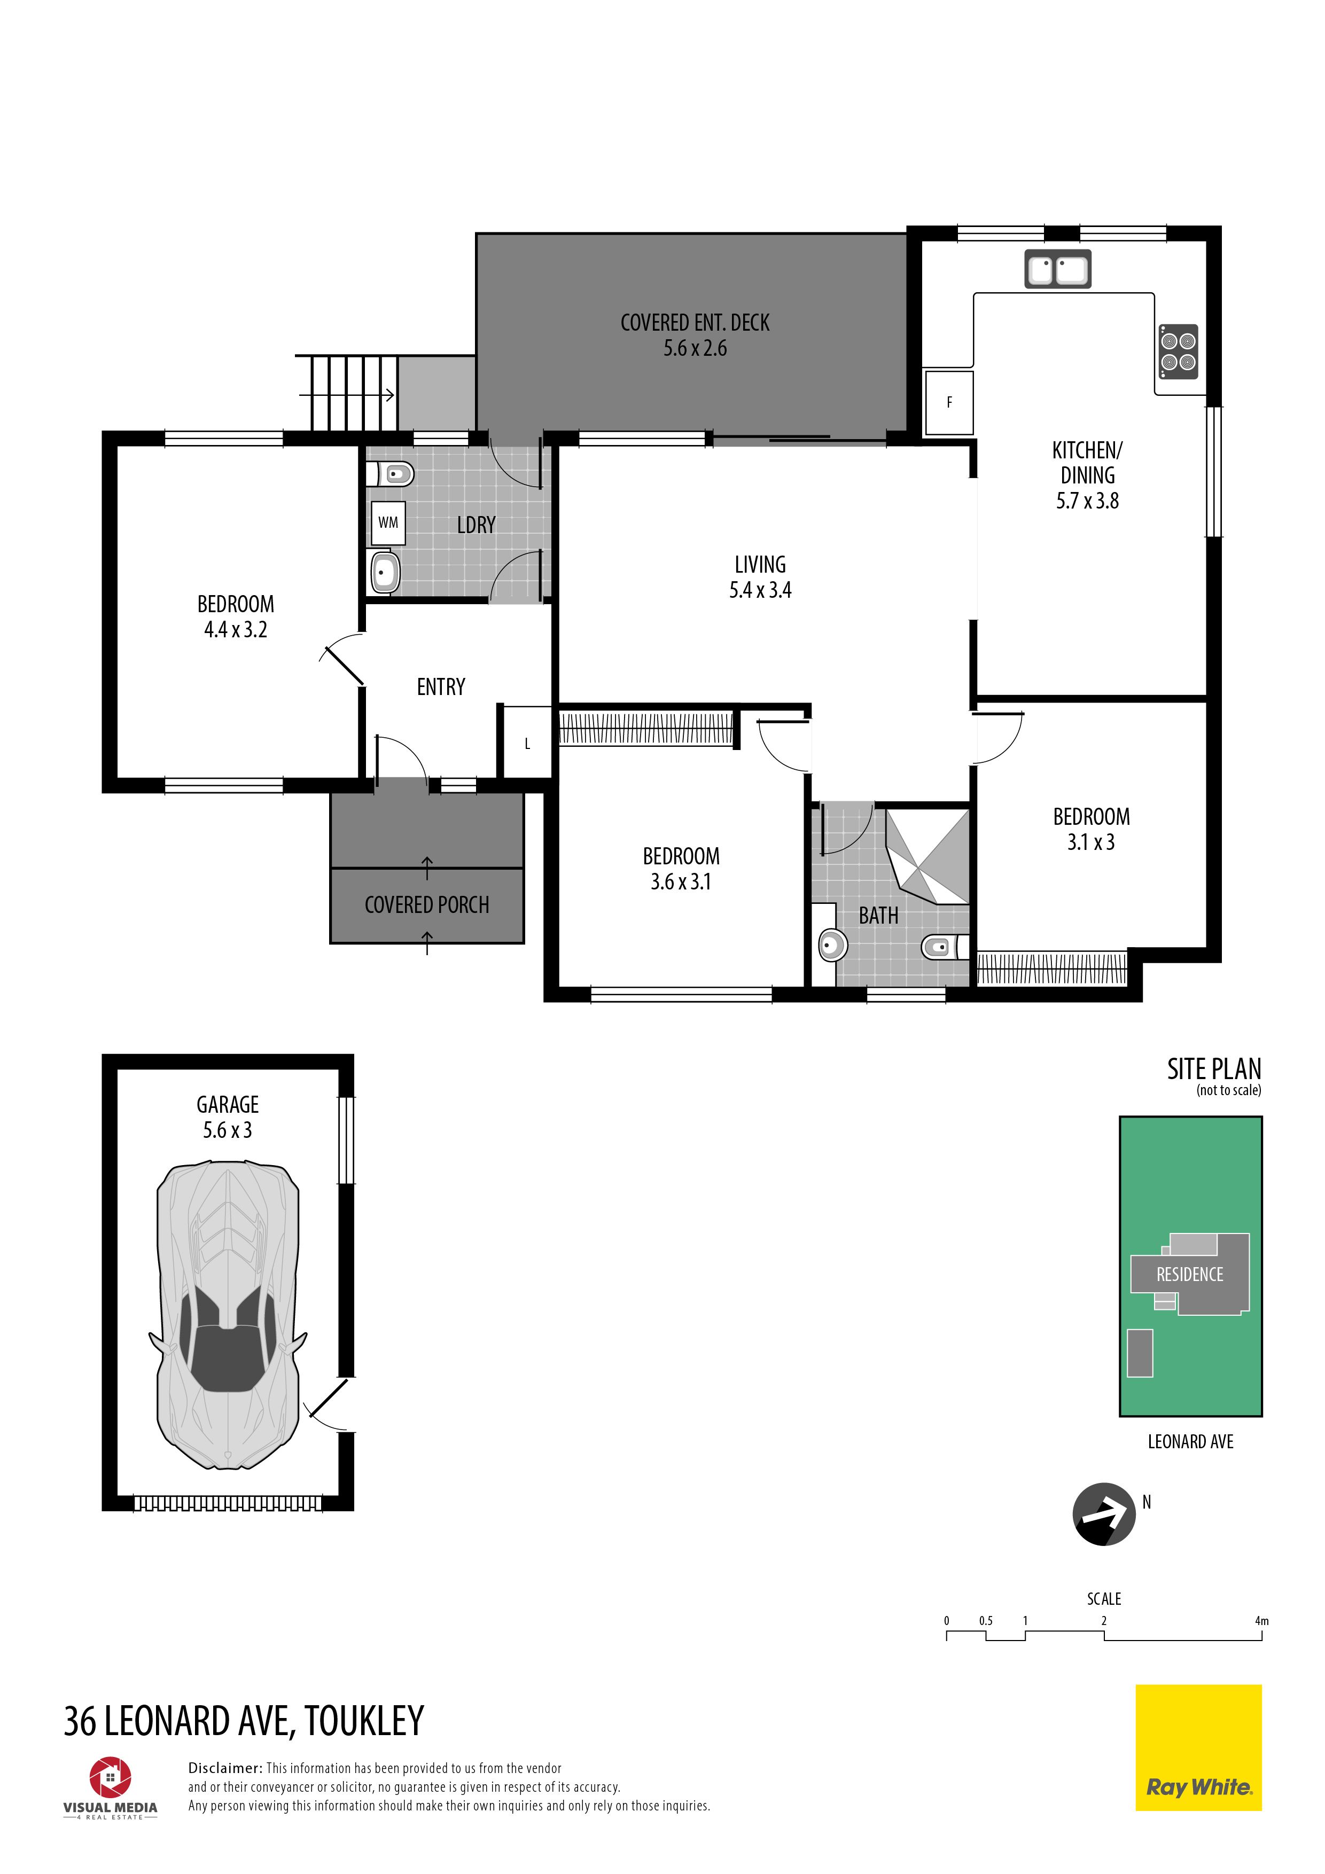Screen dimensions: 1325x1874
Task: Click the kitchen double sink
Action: [1057, 269]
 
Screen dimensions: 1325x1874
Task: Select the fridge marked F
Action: [949, 402]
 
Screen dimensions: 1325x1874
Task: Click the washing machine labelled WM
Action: [388, 522]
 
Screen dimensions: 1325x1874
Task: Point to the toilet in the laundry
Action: [390, 473]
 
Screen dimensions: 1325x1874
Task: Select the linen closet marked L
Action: [527, 743]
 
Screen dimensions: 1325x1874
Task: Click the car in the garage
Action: [228, 1315]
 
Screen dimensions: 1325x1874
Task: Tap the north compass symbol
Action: [1104, 1514]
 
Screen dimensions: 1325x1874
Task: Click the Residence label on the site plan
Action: [1189, 1274]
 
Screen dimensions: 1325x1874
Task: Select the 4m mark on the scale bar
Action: [1261, 1621]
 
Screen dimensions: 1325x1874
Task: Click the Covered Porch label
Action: [427, 904]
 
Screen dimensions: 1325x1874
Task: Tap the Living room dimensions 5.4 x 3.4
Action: [760, 590]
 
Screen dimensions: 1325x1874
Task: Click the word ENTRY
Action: [441, 687]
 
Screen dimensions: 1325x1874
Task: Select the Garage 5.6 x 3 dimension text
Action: [228, 1130]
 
